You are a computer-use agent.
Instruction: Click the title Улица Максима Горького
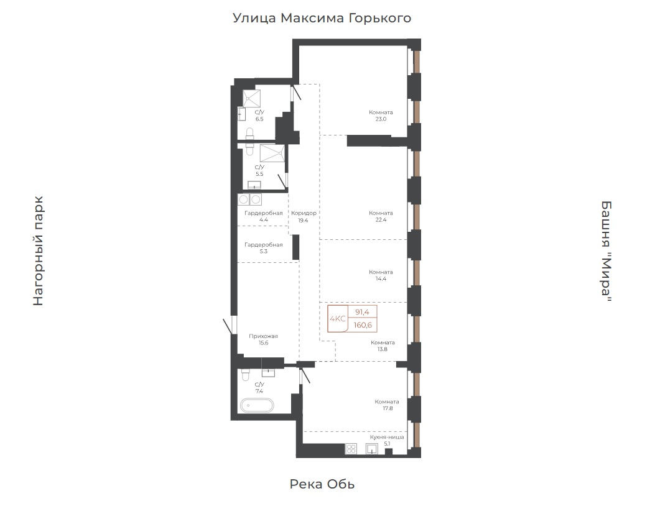(322, 18)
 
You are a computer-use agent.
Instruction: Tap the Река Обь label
(322, 484)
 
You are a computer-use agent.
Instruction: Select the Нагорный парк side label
(38, 251)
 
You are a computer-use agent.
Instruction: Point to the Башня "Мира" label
(606, 252)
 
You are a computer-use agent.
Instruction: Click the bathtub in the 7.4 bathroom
(258, 405)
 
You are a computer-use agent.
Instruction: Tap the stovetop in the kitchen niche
(351, 449)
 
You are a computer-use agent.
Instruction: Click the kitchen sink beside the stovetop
(372, 449)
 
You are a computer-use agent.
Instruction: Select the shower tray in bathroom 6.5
(252, 99)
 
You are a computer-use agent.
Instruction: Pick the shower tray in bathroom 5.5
(272, 153)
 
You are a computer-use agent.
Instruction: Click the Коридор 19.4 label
(304, 217)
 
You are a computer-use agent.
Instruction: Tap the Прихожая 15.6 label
(263, 339)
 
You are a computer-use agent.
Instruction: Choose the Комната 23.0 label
(381, 116)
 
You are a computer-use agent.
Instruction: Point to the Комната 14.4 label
(381, 275)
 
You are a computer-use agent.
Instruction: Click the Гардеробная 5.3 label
(264, 248)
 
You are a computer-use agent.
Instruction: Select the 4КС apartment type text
(337, 319)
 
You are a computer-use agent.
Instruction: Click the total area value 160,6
(363, 325)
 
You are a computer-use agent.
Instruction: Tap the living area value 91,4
(362, 312)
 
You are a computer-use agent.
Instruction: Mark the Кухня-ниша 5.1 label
(387, 440)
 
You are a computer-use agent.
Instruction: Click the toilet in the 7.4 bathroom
(246, 374)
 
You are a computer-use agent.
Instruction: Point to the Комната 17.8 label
(387, 405)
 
